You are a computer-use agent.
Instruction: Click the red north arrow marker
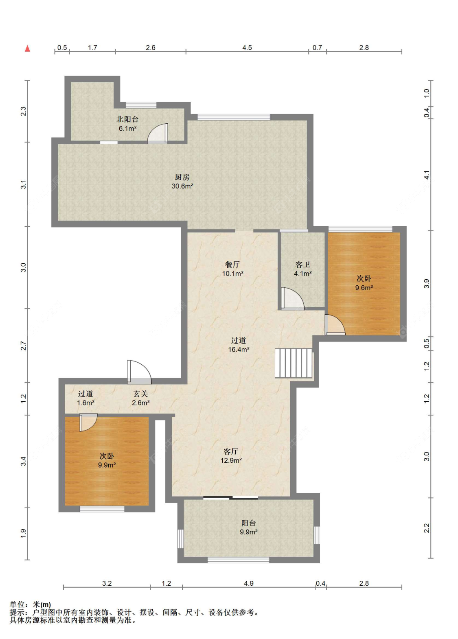(x=27, y=48)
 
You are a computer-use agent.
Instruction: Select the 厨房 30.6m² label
(x=182, y=182)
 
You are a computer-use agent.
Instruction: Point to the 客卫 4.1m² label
(x=303, y=269)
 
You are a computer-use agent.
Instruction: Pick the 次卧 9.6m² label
(x=364, y=283)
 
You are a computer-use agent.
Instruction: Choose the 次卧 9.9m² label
(x=107, y=460)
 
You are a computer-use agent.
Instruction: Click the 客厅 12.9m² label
(x=231, y=455)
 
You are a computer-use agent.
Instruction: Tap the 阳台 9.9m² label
(x=249, y=527)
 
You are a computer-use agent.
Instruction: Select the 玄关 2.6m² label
(x=141, y=398)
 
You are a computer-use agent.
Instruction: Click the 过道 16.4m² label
(x=239, y=345)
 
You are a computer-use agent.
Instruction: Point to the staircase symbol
(x=294, y=363)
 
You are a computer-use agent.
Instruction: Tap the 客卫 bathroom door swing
(x=292, y=298)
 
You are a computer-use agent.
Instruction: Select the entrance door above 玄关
(x=139, y=372)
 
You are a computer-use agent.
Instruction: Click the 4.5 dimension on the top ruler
(x=247, y=48)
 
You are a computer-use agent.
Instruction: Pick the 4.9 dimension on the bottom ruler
(x=249, y=583)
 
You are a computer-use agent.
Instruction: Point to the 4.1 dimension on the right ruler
(x=426, y=175)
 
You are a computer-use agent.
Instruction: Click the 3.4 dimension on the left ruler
(x=23, y=461)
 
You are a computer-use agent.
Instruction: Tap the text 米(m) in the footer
(x=42, y=604)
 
